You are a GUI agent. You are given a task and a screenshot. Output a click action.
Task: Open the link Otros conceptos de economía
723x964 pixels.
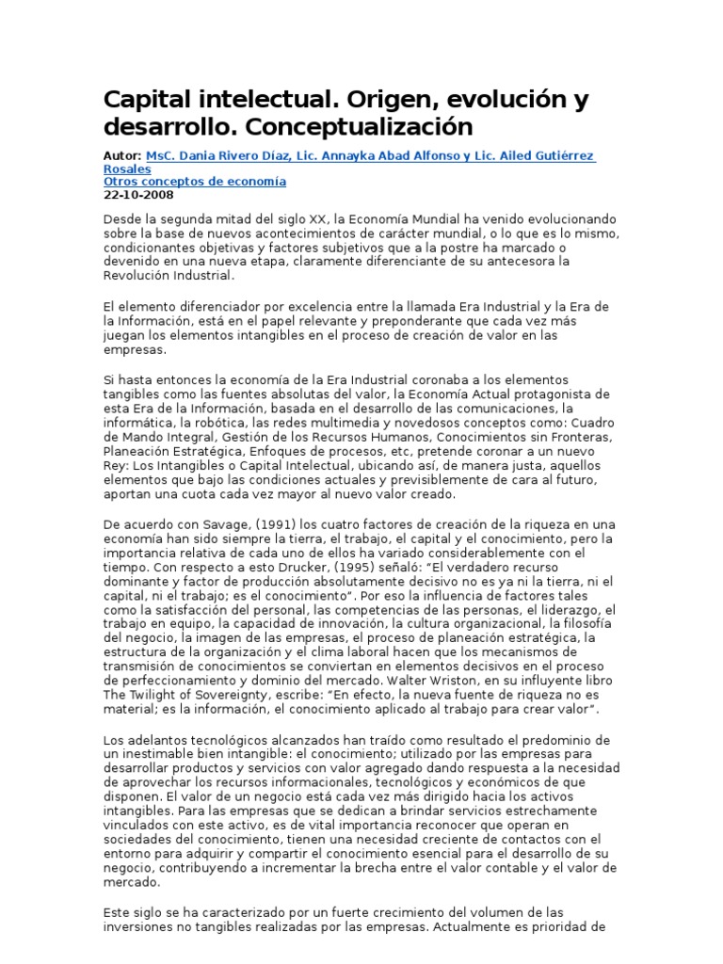coord(194,182)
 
